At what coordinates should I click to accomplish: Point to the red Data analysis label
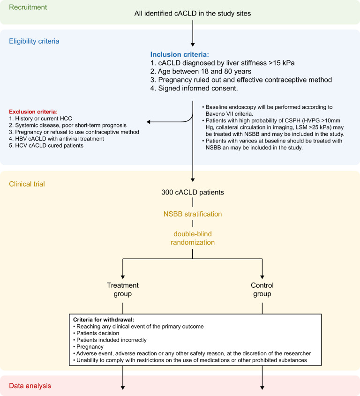(30, 386)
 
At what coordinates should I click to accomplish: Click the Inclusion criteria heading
(183, 54)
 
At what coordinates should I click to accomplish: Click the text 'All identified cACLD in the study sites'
(192, 14)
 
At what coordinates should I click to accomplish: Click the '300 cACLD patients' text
(192, 192)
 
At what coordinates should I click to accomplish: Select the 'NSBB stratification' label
(192, 214)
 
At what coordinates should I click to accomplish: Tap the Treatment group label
(122, 289)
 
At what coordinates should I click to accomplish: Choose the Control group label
(262, 289)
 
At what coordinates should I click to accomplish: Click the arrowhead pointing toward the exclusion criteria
(149, 122)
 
